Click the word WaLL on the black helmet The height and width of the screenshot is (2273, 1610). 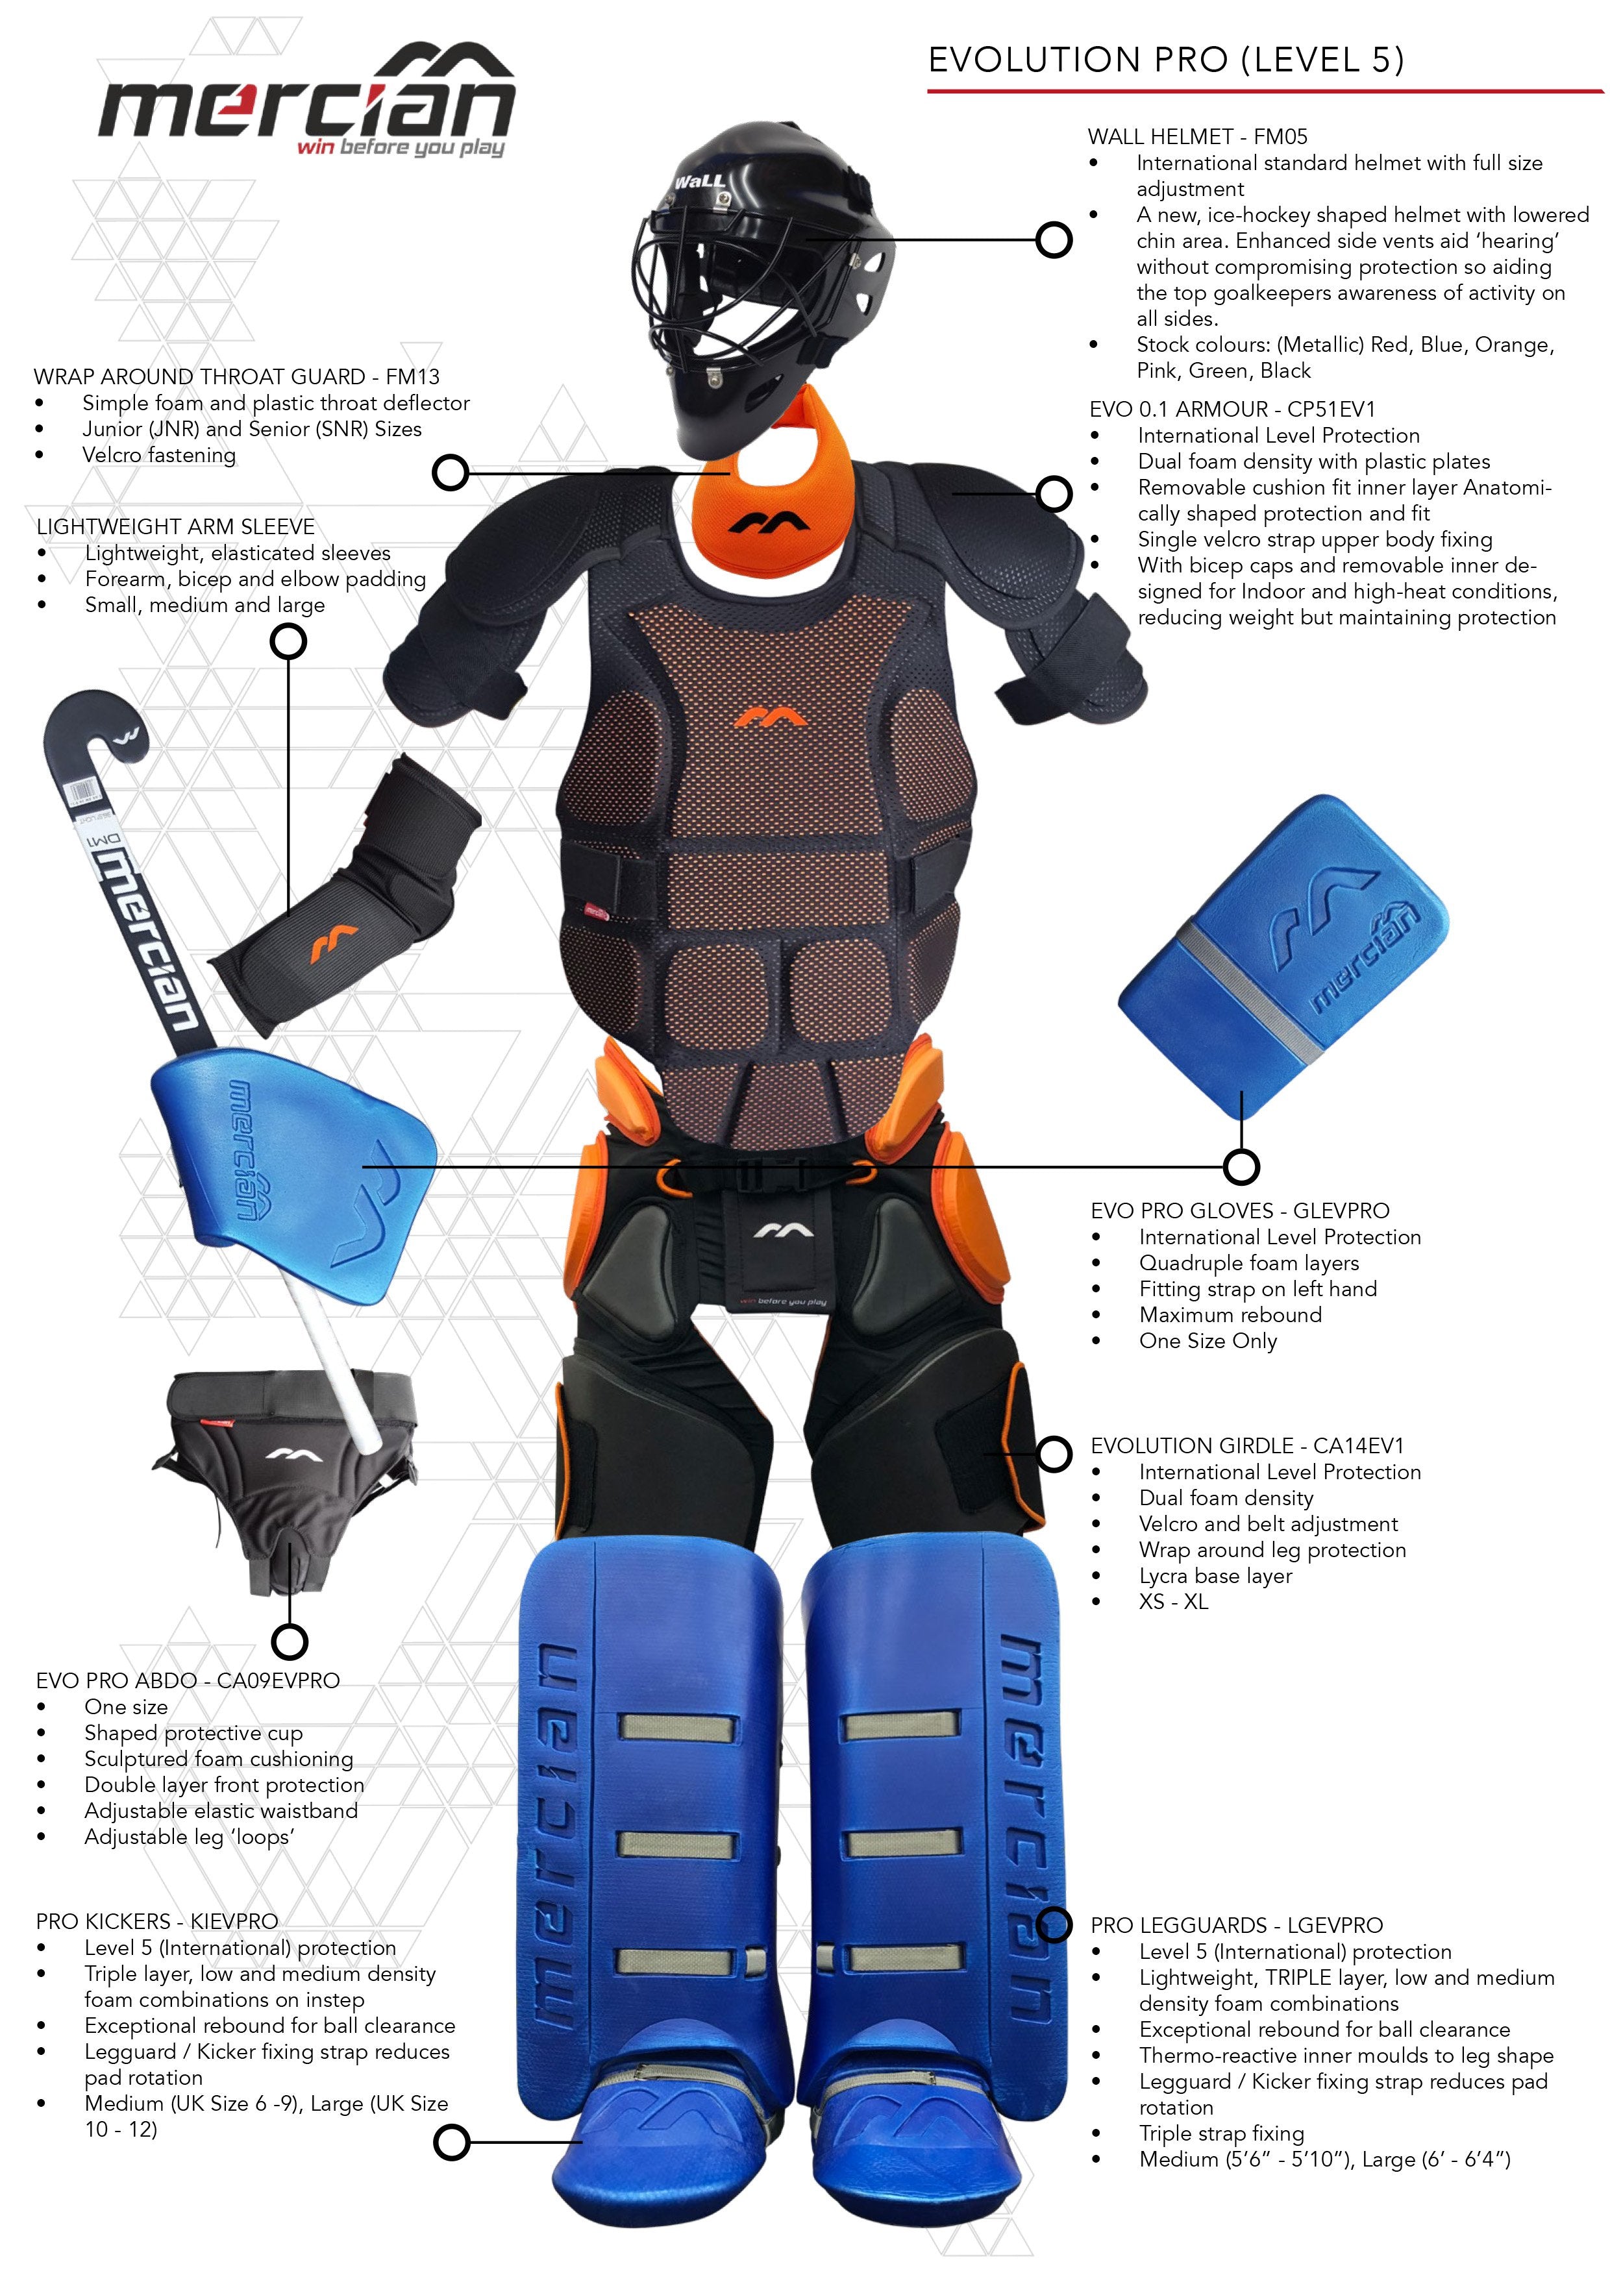click(x=700, y=181)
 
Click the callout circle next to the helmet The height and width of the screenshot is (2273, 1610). click(x=1053, y=240)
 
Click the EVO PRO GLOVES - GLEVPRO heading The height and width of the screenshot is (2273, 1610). click(x=1239, y=1210)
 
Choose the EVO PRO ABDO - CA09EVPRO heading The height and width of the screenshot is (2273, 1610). click(x=188, y=1680)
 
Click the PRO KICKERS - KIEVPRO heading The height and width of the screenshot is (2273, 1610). click(x=156, y=1921)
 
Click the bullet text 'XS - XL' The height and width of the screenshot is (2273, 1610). click(x=1173, y=1602)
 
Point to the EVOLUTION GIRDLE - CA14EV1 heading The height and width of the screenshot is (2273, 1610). click(x=1246, y=1445)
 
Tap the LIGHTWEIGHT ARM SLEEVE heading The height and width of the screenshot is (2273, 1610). click(x=175, y=526)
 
